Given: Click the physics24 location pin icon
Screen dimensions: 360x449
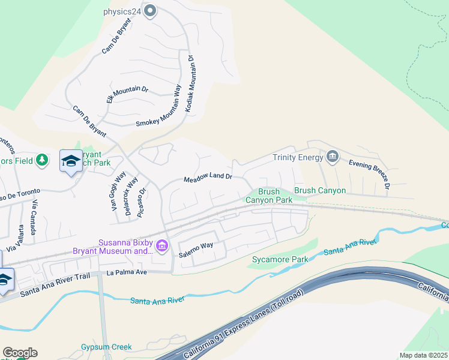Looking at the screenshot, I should pyautogui.click(x=151, y=10).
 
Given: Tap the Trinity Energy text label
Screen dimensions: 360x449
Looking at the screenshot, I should pyautogui.click(x=298, y=158).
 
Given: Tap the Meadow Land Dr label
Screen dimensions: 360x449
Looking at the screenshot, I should pyautogui.click(x=208, y=179).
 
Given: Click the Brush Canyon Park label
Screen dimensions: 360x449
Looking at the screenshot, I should pyautogui.click(x=267, y=196).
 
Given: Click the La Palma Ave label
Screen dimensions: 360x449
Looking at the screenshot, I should pyautogui.click(x=127, y=272).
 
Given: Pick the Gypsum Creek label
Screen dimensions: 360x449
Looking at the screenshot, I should pyautogui.click(x=106, y=347).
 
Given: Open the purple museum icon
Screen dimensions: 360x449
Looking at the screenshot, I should pyautogui.click(x=161, y=246).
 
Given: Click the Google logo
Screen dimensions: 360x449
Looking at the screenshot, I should pyautogui.click(x=20, y=353).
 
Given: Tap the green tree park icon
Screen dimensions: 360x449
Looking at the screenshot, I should pyautogui.click(x=41, y=160).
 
